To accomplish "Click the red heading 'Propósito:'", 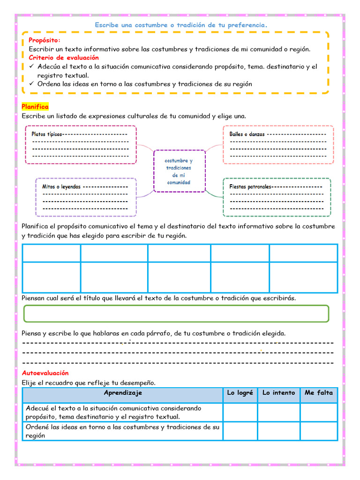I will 45,40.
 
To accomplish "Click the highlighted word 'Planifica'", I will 35,107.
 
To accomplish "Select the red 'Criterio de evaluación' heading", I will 64,58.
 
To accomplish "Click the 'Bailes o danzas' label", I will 247,134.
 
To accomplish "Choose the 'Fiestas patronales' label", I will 251,187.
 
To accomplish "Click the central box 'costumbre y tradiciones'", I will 179,171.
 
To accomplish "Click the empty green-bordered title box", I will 176,314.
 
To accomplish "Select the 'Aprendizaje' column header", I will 123,393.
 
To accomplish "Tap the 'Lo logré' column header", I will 240,393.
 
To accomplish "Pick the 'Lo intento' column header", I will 278,393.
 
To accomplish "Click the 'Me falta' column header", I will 319,393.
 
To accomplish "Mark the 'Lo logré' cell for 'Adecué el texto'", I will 240,412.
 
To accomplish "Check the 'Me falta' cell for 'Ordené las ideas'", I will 319,431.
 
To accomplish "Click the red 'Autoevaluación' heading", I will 45,373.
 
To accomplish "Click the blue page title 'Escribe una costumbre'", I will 181,25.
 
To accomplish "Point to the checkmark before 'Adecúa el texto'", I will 31,67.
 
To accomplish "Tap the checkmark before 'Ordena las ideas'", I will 31,84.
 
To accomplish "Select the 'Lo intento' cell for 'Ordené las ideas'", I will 278,431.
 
